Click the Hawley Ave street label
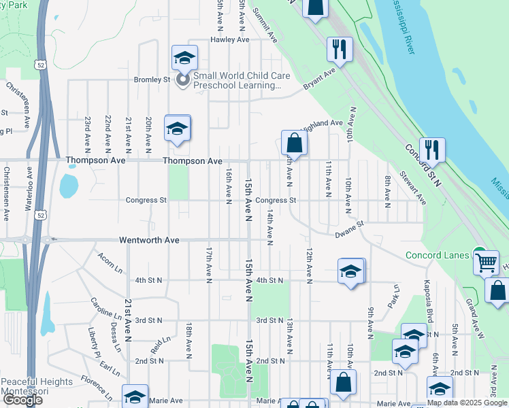[229, 40]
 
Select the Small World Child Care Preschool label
[237, 81]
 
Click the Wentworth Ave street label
[149, 241]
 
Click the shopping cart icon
[486, 260]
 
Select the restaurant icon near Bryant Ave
[339, 49]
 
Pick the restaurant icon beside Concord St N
[432, 149]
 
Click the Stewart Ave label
[413, 188]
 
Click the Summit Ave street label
[265, 24]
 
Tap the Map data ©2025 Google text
[467, 403]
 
